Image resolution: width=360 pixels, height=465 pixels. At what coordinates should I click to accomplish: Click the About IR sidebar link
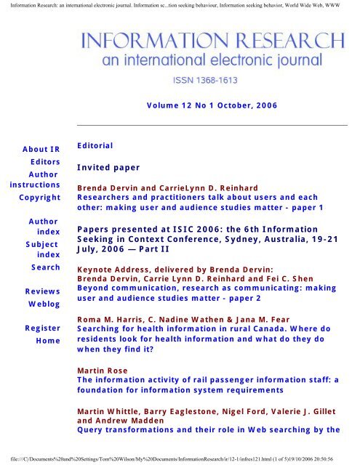click(41, 150)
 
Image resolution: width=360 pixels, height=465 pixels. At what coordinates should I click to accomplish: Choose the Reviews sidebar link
click(42, 291)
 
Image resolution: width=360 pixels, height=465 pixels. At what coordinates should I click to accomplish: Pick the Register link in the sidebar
click(41, 328)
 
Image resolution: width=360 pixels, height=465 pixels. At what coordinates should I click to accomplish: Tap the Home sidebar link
click(47, 340)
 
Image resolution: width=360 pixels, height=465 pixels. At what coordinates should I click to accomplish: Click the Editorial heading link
click(95, 145)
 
